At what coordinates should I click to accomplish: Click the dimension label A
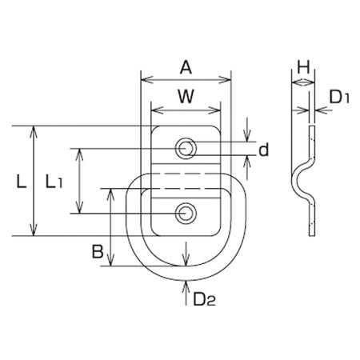click(186, 67)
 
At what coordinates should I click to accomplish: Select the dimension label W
click(186, 96)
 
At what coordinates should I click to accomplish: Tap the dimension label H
click(303, 67)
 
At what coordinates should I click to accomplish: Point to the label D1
click(338, 97)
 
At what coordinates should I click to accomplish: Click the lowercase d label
click(264, 150)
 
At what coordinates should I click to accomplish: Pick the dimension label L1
click(54, 182)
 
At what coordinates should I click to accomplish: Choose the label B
click(98, 251)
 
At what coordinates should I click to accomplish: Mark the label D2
click(204, 299)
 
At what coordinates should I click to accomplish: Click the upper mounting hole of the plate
click(186, 148)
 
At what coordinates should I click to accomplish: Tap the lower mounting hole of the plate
click(186, 214)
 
